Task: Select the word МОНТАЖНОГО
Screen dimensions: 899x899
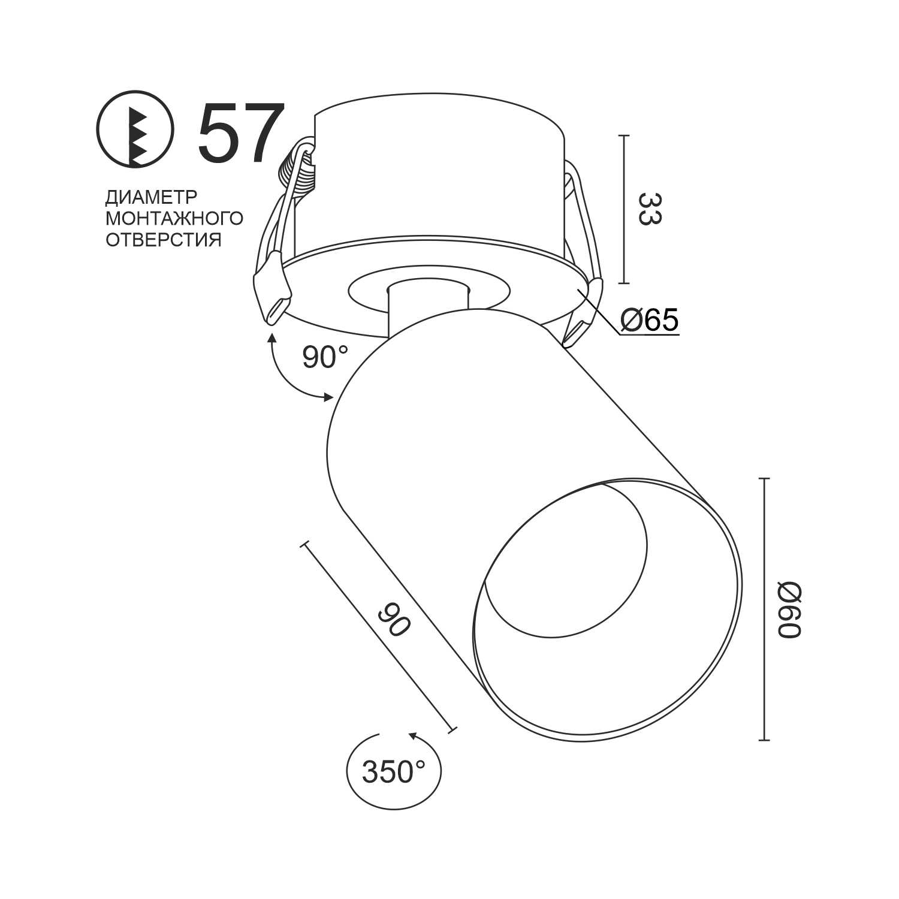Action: [x=174, y=218]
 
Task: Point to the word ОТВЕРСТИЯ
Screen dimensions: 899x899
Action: [x=164, y=240]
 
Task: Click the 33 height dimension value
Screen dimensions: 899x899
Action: [x=648, y=209]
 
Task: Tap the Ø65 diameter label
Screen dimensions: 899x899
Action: [x=650, y=321]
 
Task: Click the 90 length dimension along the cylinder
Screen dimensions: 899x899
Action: [x=394, y=619]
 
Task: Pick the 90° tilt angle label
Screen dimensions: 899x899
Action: [x=324, y=358]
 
